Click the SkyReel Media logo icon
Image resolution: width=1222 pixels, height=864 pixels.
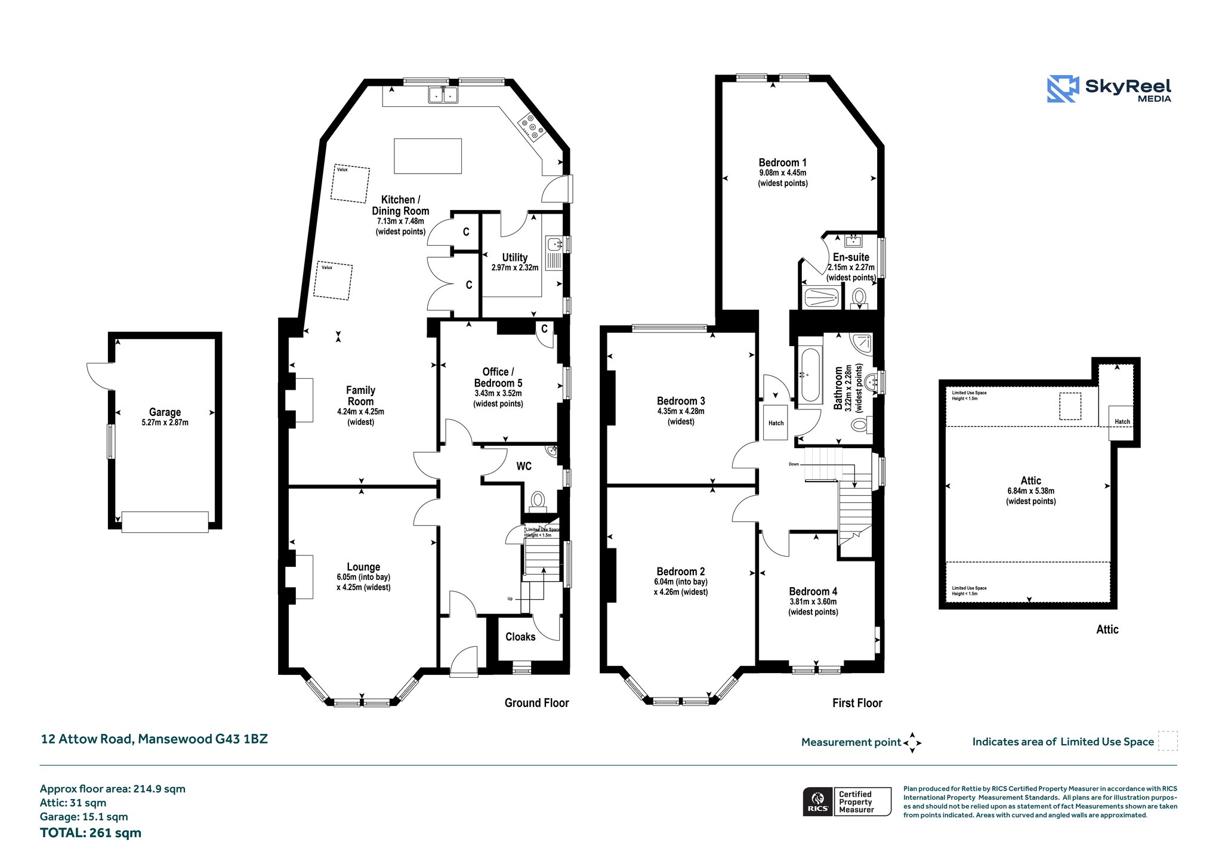click(1063, 89)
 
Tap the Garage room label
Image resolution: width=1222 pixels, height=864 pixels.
click(165, 412)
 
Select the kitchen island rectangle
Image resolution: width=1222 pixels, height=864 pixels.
click(428, 156)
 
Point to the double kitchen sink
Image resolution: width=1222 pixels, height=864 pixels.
click(443, 95)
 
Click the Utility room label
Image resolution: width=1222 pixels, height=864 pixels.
click(514, 257)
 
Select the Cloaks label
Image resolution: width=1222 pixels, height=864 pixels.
click(520, 637)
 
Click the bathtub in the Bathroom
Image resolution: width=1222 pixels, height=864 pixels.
click(810, 375)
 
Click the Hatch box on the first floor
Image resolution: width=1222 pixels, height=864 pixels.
click(776, 422)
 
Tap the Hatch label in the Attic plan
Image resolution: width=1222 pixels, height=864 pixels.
click(1122, 421)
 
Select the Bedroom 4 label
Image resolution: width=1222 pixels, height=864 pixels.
click(813, 591)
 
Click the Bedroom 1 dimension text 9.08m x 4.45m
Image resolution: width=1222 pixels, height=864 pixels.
click(782, 173)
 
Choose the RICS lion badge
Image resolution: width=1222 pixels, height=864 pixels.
click(817, 801)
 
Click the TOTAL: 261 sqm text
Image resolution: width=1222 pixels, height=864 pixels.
click(91, 833)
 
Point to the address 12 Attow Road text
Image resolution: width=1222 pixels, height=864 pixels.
click(87, 739)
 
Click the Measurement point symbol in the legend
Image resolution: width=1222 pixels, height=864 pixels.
click(912, 743)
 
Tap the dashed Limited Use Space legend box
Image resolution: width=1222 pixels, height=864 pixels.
click(1168, 740)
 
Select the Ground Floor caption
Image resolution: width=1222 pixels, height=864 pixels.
click(536, 703)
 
